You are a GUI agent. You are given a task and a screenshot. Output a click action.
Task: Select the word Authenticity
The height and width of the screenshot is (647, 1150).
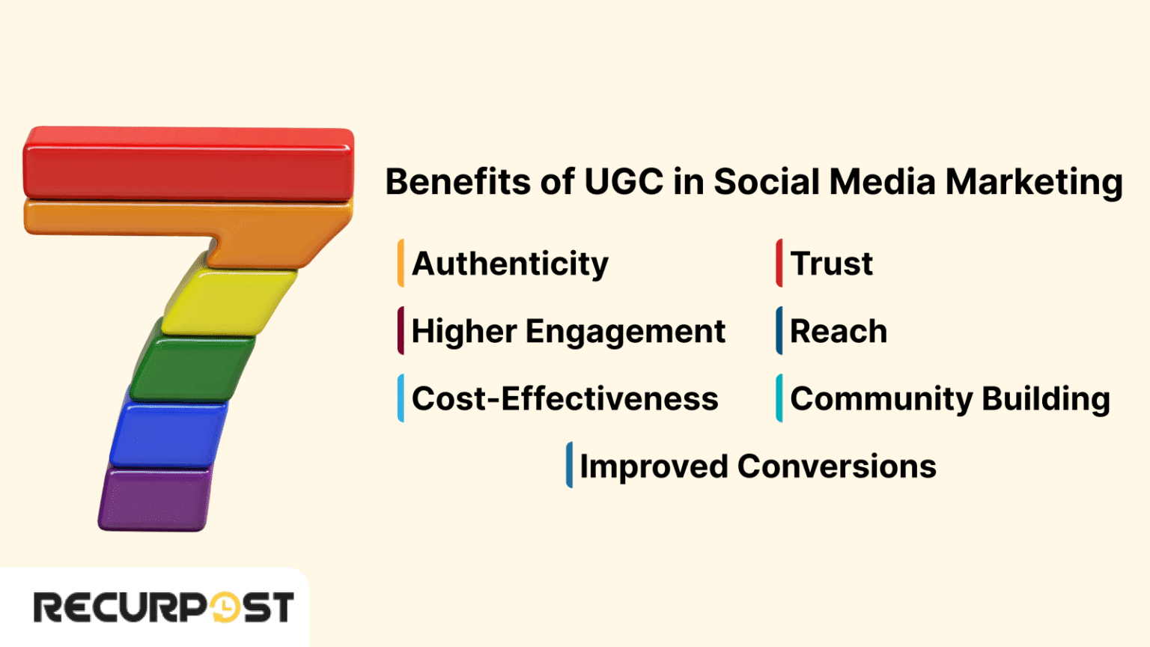pyautogui.click(x=510, y=264)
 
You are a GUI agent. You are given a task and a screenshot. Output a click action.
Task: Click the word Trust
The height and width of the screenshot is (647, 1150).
pyautogui.click(x=831, y=264)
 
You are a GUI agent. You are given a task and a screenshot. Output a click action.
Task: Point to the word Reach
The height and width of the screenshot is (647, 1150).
pyautogui.click(x=839, y=331)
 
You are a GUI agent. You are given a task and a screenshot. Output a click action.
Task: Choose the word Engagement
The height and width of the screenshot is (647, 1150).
pyautogui.click(x=625, y=332)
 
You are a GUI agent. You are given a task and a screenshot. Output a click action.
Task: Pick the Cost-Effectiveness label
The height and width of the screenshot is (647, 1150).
pyautogui.click(x=565, y=398)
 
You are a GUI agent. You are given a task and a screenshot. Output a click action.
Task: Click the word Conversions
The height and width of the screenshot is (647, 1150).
pyautogui.click(x=836, y=467)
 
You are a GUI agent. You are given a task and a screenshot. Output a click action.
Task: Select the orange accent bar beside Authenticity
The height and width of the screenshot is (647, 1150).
pyautogui.click(x=401, y=263)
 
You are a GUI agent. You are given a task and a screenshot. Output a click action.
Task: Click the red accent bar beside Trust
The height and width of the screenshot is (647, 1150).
pyautogui.click(x=779, y=263)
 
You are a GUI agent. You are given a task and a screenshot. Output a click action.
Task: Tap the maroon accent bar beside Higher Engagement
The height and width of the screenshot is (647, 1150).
pyautogui.click(x=401, y=330)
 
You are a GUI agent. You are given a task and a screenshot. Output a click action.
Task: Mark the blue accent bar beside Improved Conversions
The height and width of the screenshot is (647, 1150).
pyautogui.click(x=570, y=465)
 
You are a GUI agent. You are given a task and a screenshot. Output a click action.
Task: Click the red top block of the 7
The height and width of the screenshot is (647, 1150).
pyautogui.click(x=187, y=162)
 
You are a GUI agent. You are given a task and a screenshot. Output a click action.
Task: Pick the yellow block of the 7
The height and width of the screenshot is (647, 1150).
pyautogui.click(x=228, y=301)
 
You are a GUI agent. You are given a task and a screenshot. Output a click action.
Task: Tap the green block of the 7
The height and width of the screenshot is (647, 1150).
pyautogui.click(x=192, y=367)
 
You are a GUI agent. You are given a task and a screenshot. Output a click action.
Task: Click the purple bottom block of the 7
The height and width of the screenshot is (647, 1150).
pyautogui.click(x=154, y=498)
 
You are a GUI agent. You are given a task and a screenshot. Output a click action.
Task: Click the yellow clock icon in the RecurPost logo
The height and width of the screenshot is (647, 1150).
pyautogui.click(x=224, y=607)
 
